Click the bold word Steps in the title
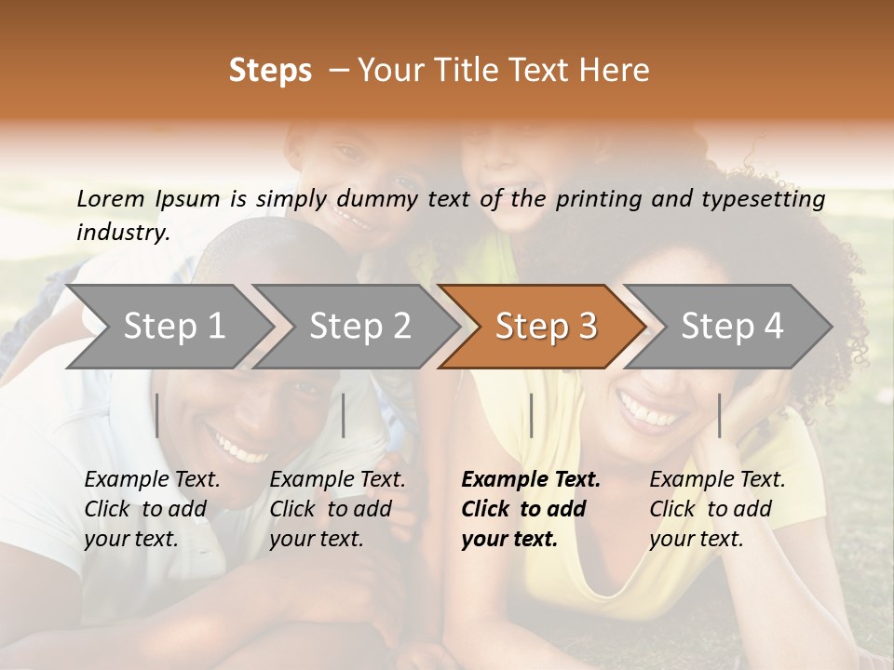click(270, 71)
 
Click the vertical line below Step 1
click(157, 415)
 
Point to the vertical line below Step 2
click(344, 415)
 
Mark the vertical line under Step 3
click(531, 415)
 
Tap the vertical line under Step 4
click(719, 415)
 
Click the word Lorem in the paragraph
click(111, 199)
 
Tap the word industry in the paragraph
click(122, 233)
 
